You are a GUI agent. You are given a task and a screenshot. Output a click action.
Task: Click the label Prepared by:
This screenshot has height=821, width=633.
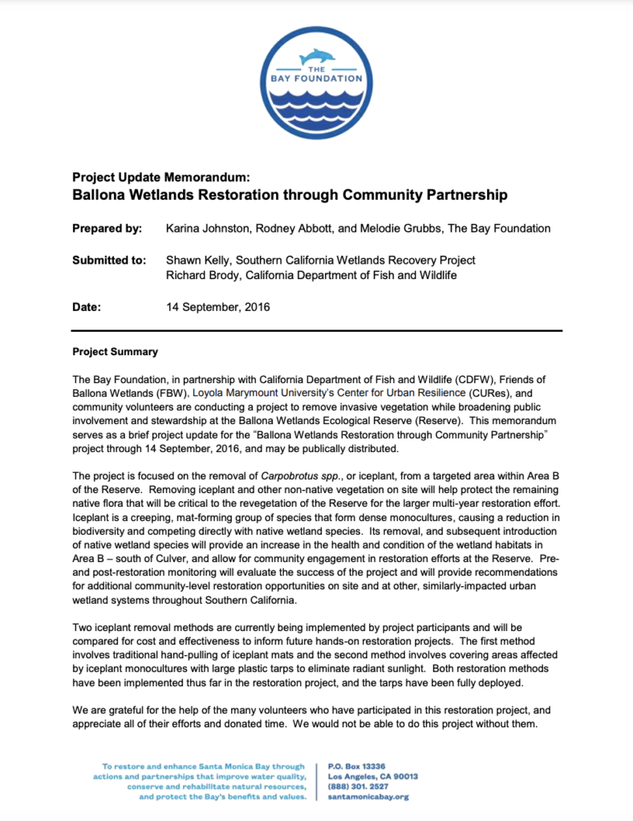107,229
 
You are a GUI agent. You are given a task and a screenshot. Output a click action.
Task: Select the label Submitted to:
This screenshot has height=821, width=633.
109,261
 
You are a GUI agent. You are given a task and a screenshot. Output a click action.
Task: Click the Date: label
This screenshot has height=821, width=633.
87,307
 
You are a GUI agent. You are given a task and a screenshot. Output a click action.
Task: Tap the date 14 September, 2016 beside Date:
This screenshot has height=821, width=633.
218,307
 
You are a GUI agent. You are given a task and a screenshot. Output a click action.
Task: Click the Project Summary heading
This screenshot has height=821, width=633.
115,352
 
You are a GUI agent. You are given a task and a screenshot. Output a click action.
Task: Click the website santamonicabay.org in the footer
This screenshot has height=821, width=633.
368,797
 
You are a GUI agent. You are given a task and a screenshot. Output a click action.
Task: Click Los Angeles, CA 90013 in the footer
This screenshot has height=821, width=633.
373,776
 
